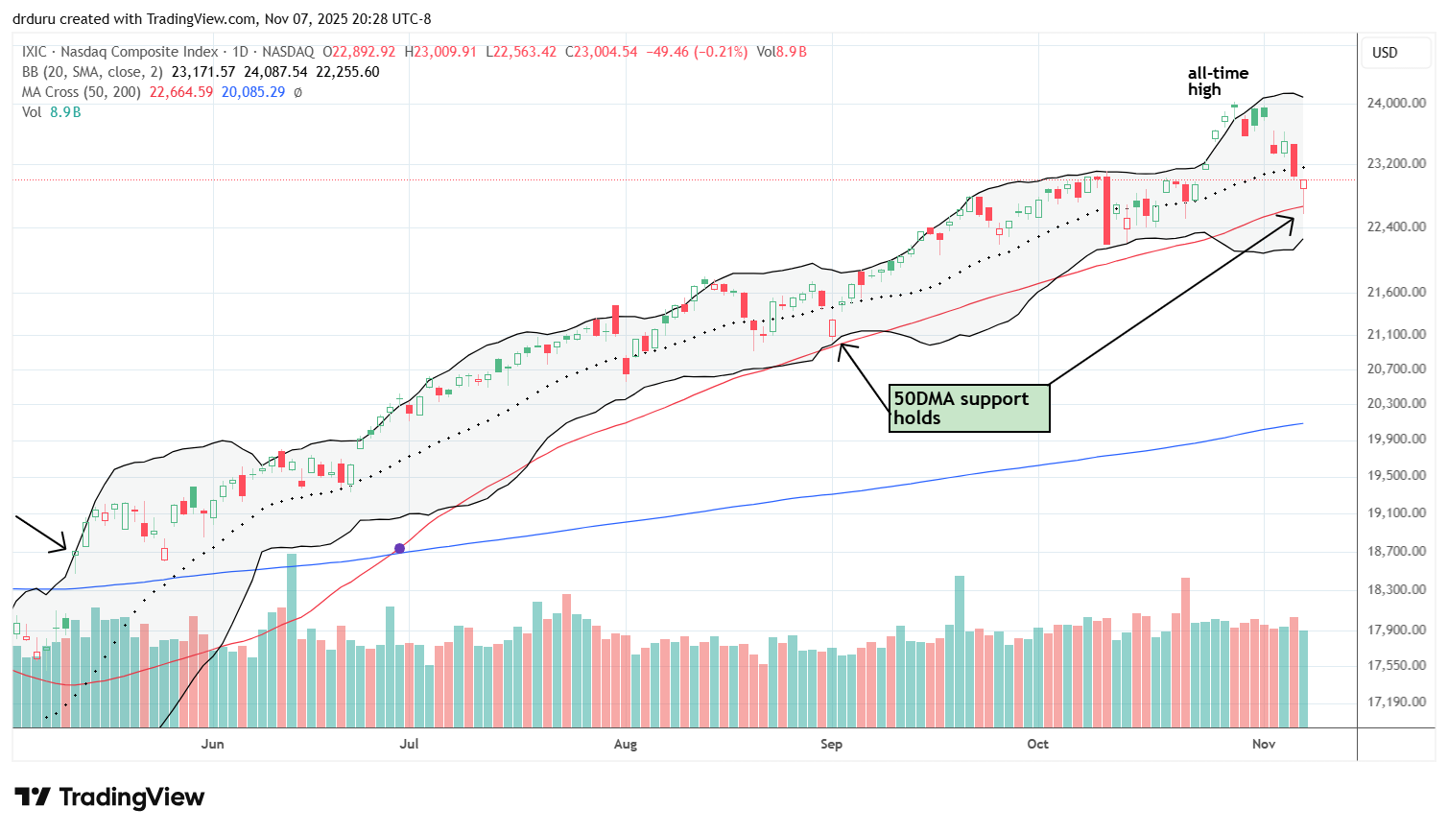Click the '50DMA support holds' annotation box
coord(969,409)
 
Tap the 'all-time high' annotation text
coord(1218,81)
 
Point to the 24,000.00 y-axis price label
coord(1396,104)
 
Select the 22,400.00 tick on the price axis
coord(1396,227)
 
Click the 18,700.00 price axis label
coord(1396,552)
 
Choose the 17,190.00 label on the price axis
coord(1396,702)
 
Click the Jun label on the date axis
coord(213,745)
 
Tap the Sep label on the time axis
coord(831,745)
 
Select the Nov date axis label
coord(1264,745)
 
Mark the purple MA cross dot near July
coord(399,549)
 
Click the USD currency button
coord(1385,53)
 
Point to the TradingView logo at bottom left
coord(109,797)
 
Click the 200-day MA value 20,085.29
coord(252,92)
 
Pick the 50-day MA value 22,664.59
coord(181,92)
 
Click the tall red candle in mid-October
coord(1106,209)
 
